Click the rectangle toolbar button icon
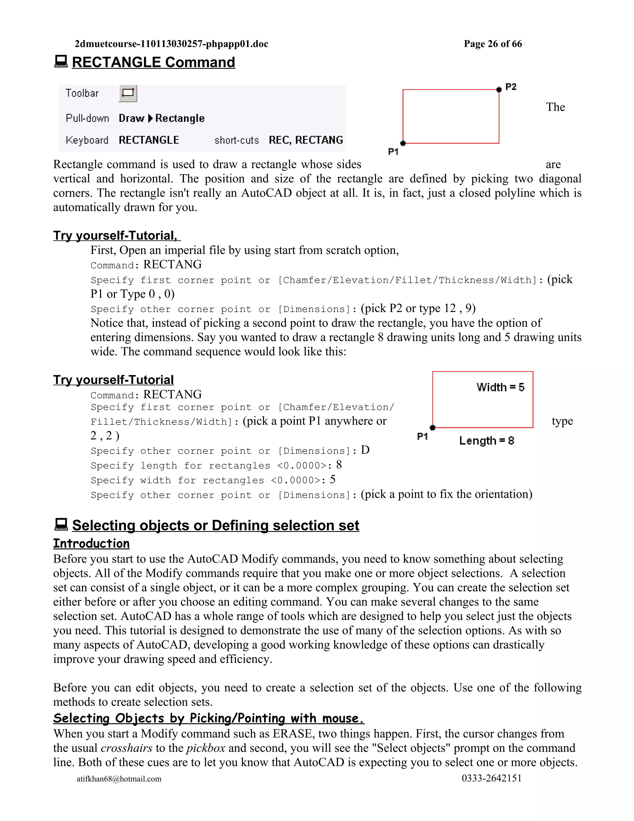tap(128, 93)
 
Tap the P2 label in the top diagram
tap(511, 87)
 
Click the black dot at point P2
tap(499, 90)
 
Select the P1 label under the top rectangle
tap(393, 151)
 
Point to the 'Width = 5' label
tap(500, 387)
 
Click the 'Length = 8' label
tap(486, 441)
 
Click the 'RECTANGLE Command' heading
tap(153, 62)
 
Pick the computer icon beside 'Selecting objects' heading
tap(61, 525)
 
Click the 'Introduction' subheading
tap(91, 544)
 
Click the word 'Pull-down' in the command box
tap(87, 118)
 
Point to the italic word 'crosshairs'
tap(127, 748)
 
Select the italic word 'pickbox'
tap(206, 748)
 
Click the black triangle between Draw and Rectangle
tap(150, 118)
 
